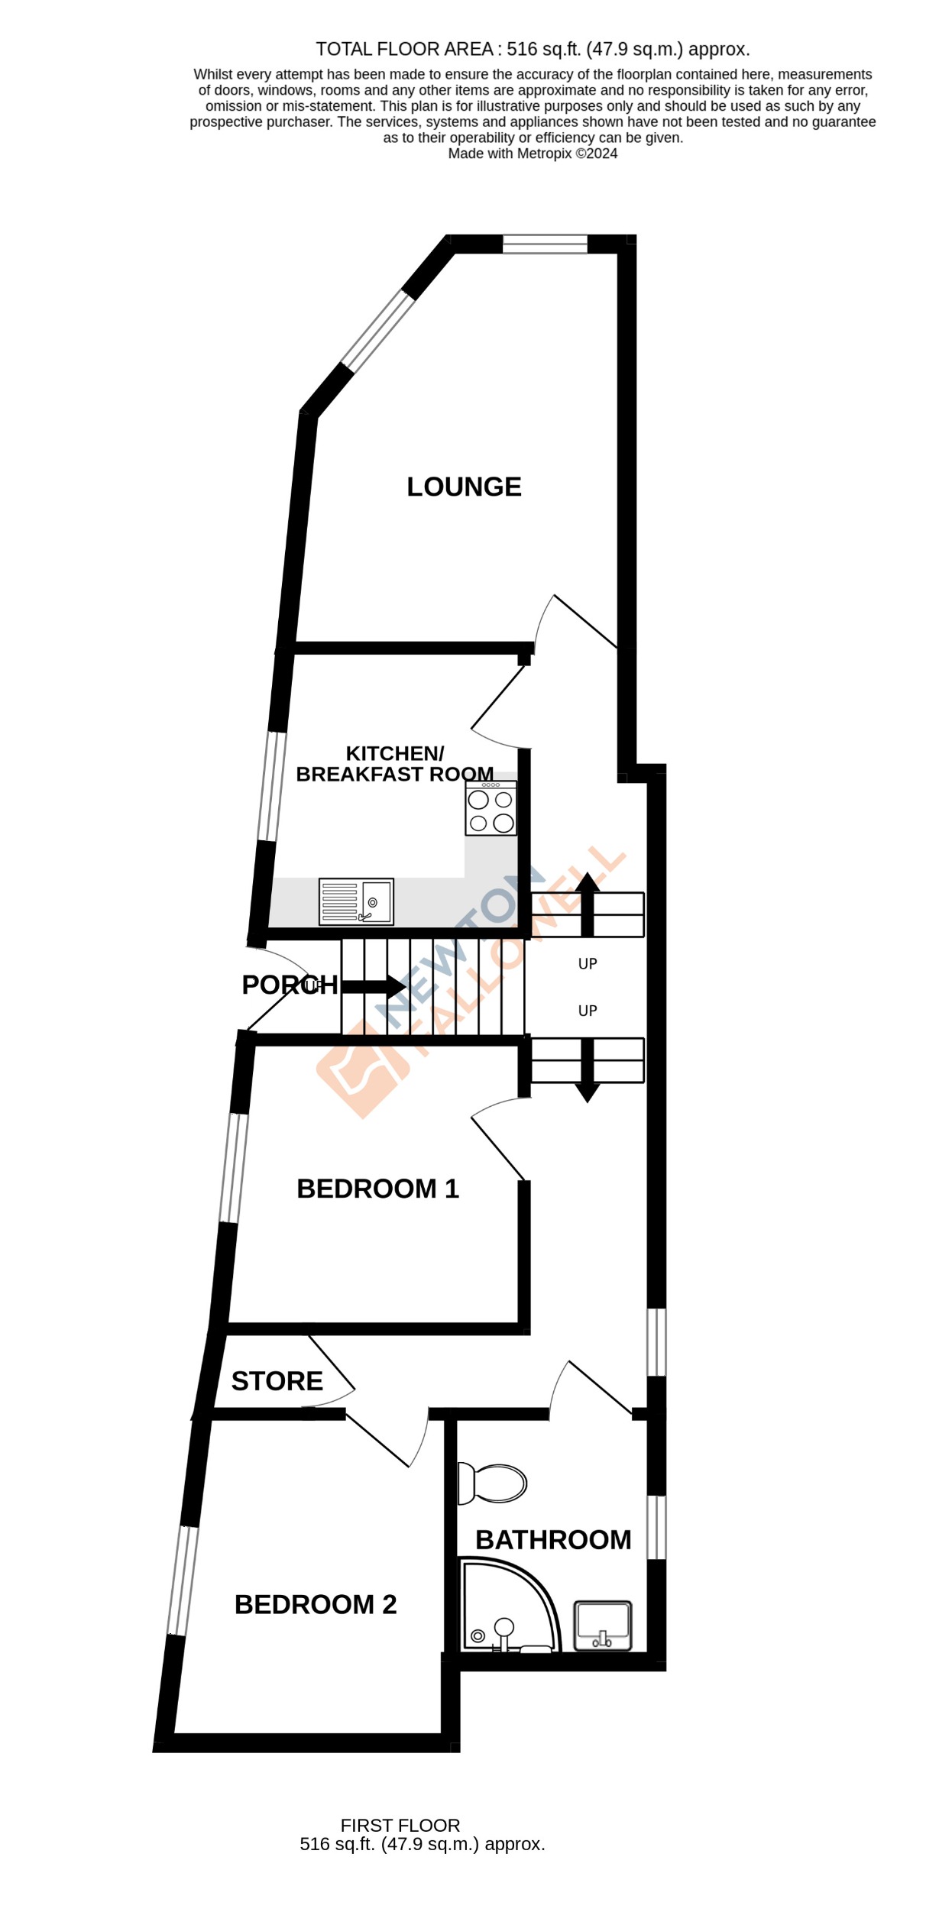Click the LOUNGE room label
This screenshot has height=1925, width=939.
464,487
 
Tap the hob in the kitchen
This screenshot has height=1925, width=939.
491,810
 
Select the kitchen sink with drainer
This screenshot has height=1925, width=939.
356,901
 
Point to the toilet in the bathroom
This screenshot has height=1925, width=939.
493,1483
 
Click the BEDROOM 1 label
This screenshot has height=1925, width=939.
377,1189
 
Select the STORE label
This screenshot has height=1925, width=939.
277,1381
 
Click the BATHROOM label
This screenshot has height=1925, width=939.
553,1540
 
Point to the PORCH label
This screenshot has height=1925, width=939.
290,985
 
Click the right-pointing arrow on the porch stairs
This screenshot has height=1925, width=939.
374,986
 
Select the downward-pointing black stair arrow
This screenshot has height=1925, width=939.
587,1069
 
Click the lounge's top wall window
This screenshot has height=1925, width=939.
545,244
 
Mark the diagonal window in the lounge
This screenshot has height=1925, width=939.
377,330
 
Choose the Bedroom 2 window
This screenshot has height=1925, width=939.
183,1580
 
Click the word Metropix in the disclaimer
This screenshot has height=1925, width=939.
544,154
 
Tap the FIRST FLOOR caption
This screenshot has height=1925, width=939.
400,1826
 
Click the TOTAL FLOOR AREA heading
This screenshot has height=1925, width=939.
404,50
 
